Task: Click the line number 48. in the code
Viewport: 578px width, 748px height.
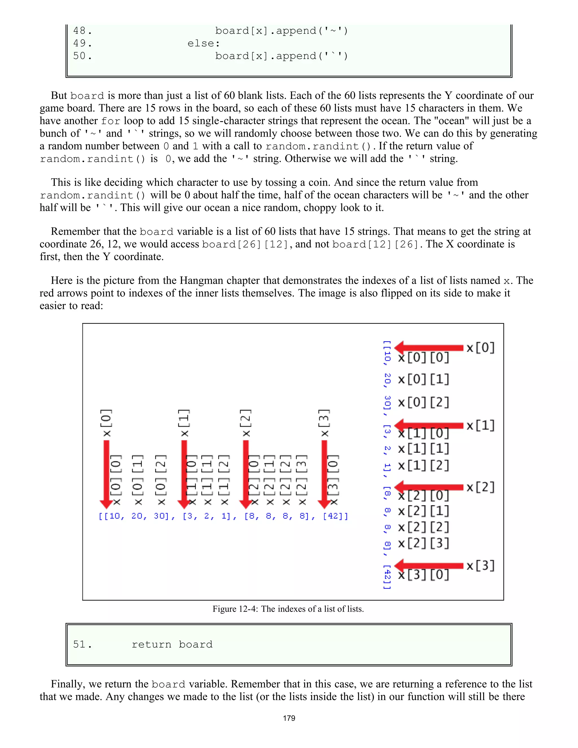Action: [82, 31]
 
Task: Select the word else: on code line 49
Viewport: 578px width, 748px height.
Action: [203, 43]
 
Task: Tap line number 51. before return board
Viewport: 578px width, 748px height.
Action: [82, 644]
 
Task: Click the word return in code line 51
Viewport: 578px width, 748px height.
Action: [151, 644]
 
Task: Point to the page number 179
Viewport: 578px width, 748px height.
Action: [289, 718]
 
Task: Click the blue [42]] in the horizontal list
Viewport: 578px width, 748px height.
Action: [335, 516]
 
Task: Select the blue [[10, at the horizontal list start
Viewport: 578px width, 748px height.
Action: [111, 516]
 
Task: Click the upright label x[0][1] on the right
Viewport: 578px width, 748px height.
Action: [424, 379]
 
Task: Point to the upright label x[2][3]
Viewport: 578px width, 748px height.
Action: [424, 543]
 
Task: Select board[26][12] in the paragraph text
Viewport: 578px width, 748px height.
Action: [245, 244]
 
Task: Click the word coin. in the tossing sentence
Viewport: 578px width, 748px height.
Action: [320, 182]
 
